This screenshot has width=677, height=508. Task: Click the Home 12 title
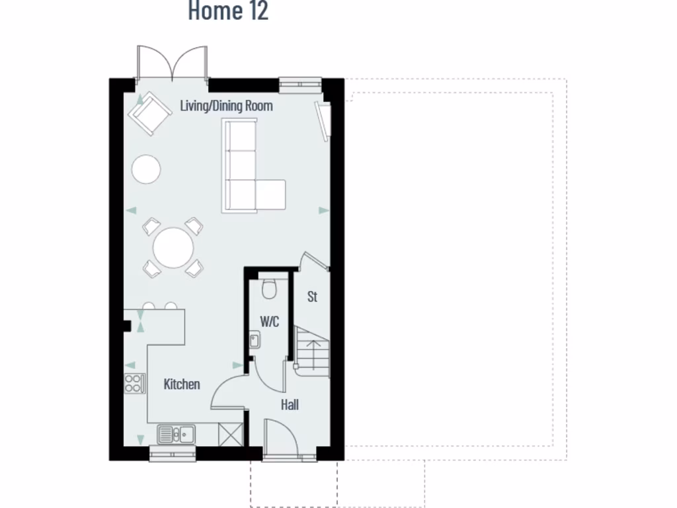[x=228, y=11]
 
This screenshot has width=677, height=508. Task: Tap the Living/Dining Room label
[x=226, y=106]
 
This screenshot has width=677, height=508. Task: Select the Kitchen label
[x=182, y=384]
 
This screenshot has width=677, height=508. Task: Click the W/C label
[x=269, y=322]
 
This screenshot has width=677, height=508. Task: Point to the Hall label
[x=290, y=405]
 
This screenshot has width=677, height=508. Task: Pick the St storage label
[x=312, y=297]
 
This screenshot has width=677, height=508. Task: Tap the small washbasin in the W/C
[x=255, y=341]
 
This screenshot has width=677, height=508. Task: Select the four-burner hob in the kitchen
[x=135, y=384]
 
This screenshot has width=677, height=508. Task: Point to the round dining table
[x=173, y=248]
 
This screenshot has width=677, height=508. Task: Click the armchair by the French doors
[x=151, y=114]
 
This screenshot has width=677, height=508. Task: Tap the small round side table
[x=146, y=169]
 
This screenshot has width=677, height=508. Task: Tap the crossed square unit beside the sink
[x=231, y=435]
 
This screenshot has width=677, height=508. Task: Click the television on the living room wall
[x=323, y=120]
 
